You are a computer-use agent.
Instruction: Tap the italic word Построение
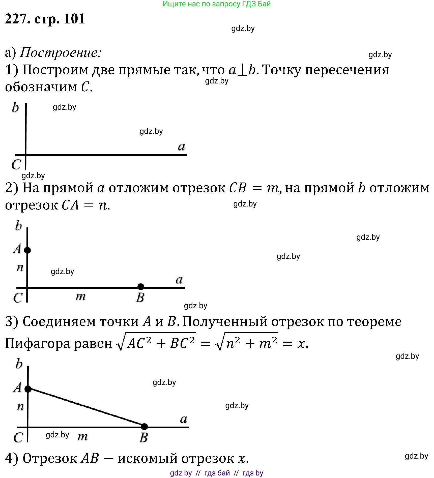pos(61,53)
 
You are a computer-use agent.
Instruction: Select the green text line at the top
pos(217,4)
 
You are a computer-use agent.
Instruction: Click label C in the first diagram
pos(16,164)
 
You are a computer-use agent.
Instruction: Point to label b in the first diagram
pos(15,107)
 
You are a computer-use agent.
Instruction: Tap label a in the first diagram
pos(182,146)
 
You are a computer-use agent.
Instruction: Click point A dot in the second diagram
pos(27,250)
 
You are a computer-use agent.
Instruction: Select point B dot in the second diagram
pos(141,287)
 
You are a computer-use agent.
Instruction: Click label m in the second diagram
pos(81,296)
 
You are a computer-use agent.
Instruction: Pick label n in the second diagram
pos(20,267)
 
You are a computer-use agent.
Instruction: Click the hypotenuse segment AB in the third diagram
pos(86,407)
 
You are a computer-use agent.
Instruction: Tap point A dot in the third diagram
pos(28,389)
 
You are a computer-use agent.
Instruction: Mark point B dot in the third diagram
pos(144,427)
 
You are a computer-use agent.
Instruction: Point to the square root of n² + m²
pos(247,342)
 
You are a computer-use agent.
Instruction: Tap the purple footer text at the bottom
pos(217,473)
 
